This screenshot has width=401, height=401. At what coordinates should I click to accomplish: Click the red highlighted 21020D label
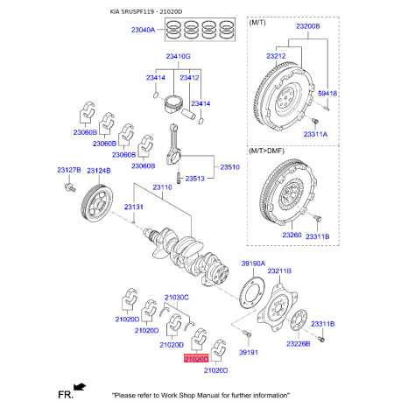pyautogui.click(x=196, y=359)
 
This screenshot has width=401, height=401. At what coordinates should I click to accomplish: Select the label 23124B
pyautogui.click(x=98, y=169)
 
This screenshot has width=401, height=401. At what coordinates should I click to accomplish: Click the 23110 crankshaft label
pyautogui.click(x=162, y=187)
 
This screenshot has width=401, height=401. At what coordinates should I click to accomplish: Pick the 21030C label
pyautogui.click(x=177, y=298)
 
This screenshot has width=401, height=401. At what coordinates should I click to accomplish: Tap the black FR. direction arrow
pyautogui.click(x=81, y=384)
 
